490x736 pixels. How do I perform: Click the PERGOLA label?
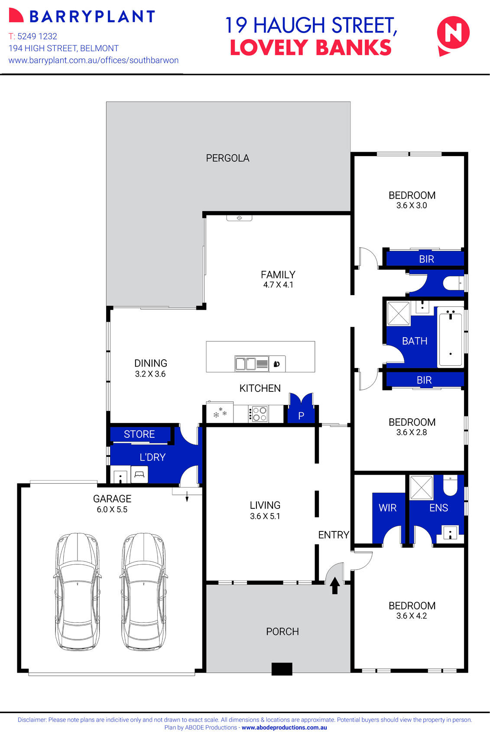coord(227,158)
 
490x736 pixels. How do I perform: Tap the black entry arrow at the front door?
coord(334,586)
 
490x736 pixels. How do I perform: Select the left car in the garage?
coord(78,591)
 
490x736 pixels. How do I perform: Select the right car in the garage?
coord(143,591)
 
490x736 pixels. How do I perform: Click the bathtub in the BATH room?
coord(451,337)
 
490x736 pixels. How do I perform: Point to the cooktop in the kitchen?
coord(259,414)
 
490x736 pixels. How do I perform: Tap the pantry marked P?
coord(301,415)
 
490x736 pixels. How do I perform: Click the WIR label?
coord(387,508)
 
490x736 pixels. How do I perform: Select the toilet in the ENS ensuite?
coord(451,486)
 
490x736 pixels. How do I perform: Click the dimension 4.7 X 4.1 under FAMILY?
coord(278,285)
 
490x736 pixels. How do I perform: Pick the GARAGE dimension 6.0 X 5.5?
coord(112,510)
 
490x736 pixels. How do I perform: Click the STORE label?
coord(139,434)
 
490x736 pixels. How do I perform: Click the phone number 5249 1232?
coord(37,36)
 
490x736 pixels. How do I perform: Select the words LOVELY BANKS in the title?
coord(310,48)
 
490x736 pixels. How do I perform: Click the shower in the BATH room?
coord(399,314)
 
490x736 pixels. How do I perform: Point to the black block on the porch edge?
coord(282,669)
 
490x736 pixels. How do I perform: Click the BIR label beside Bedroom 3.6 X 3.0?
coord(426,259)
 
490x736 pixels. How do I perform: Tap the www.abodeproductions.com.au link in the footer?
coord(284,728)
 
